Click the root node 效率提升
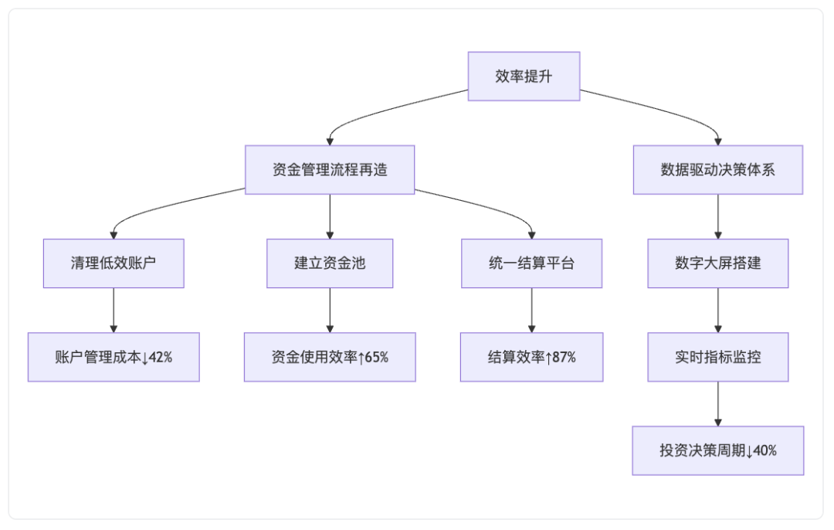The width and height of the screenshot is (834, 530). pos(524,76)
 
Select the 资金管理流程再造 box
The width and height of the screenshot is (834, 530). pos(330,170)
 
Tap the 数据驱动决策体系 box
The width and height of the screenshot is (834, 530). pos(718,170)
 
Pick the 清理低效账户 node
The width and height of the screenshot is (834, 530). pos(114,263)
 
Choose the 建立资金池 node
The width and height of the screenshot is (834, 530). pos(330,263)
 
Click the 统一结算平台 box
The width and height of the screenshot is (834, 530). pos(532,263)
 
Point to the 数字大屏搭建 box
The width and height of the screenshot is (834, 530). pos(718,263)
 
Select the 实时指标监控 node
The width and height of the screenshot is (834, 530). pos(718,357)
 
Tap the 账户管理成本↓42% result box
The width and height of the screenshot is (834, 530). pos(114,357)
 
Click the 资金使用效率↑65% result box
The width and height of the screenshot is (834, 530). pos(330,357)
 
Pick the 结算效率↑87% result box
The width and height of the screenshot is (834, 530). pos(532,357)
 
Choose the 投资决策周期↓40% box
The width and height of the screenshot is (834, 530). pos(718,450)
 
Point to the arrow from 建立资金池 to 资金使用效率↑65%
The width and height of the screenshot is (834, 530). pos(330,311)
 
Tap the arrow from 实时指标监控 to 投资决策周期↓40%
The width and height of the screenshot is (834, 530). pos(718,404)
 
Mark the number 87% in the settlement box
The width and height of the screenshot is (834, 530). pos(564,357)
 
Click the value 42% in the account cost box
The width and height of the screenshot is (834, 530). pos(160,357)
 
